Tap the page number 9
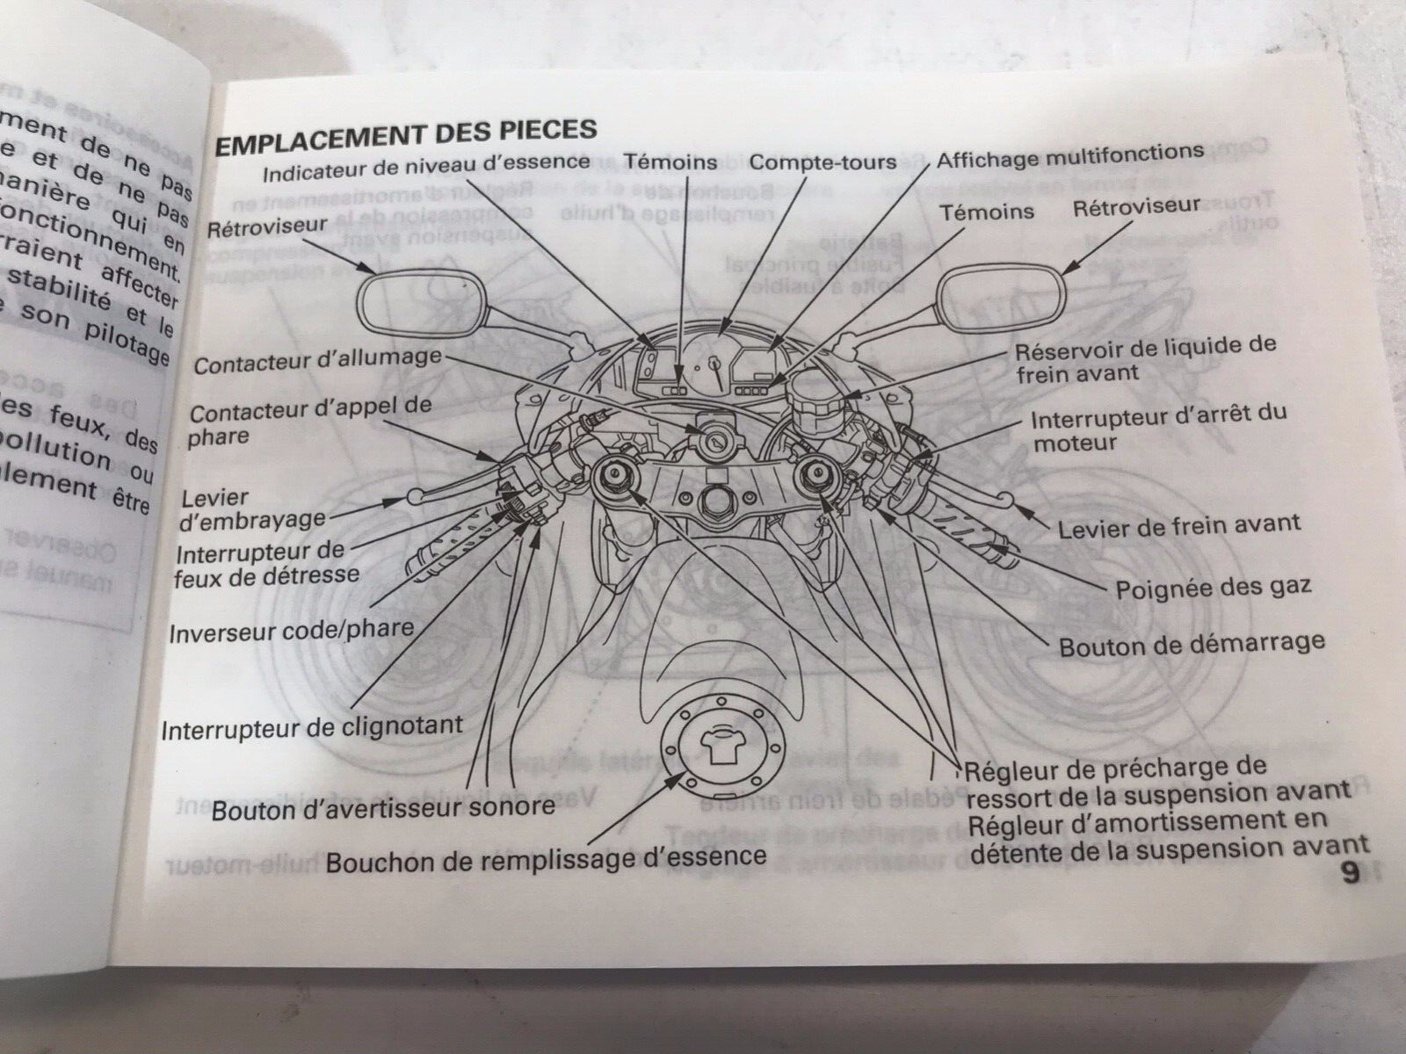tap(1350, 874)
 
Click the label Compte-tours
tap(823, 162)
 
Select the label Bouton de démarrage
tap(1191, 644)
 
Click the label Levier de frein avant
tap(1178, 526)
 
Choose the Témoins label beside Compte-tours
tap(670, 162)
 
